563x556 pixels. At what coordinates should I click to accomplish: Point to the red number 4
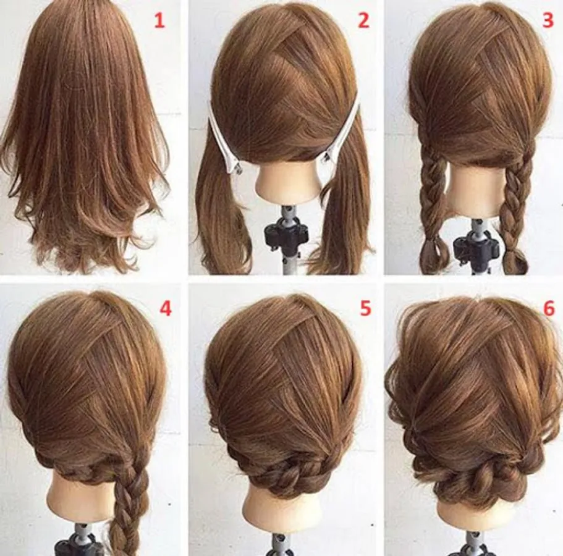166,308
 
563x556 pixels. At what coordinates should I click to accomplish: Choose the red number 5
365,308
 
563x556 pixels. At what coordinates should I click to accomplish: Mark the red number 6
549,308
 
